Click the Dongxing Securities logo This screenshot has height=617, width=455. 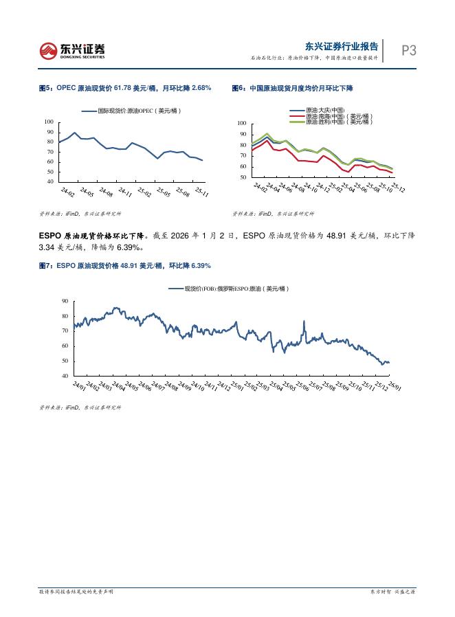point(72,50)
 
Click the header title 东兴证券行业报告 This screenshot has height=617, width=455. point(342,46)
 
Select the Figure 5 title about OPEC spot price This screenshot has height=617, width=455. point(124,88)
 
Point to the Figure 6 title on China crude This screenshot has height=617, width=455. point(292,88)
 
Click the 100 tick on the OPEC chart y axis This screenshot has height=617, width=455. point(49,122)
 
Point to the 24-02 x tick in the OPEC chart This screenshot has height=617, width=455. point(67,190)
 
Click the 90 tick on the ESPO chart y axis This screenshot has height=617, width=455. point(65,301)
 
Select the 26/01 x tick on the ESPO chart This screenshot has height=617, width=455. point(395,386)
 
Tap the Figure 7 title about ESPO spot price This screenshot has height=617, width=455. point(124,265)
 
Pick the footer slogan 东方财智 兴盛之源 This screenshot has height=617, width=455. point(394,591)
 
